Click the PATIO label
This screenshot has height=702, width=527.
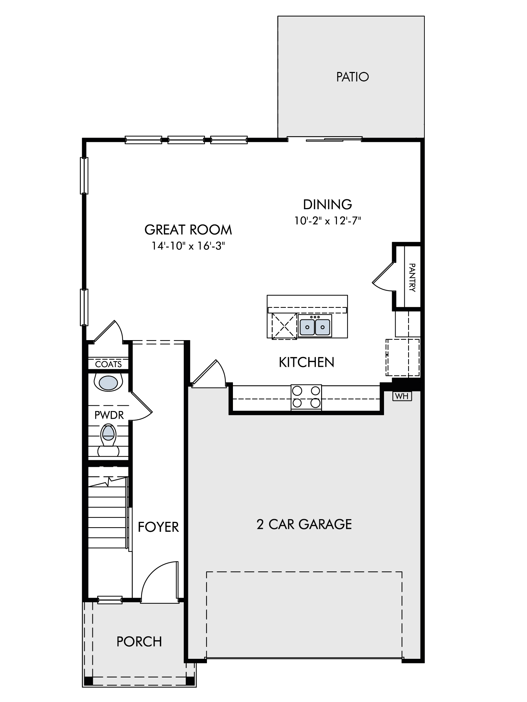(x=352, y=77)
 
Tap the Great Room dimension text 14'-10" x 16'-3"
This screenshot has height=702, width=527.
(x=188, y=246)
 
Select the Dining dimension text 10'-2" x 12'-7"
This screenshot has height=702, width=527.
(x=328, y=221)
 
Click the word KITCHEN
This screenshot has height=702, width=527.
(x=306, y=362)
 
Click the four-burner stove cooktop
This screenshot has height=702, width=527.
(x=306, y=397)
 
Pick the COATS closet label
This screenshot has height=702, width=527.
(x=108, y=364)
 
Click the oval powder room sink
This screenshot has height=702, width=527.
(x=108, y=383)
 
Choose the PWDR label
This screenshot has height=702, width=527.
(x=109, y=416)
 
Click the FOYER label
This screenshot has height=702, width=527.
(x=158, y=527)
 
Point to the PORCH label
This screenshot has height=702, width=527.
(x=139, y=642)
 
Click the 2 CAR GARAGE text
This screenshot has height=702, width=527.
(x=304, y=524)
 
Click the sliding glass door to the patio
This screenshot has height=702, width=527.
(x=325, y=139)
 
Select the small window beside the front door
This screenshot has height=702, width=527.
(x=110, y=600)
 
